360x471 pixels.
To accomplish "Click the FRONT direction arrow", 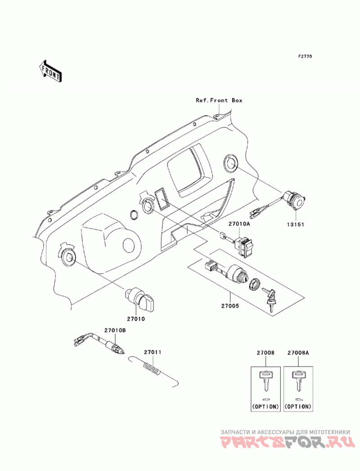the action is [51, 72].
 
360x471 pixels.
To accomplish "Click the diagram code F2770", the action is [305, 56].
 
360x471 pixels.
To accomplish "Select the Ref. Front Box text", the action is [219, 100].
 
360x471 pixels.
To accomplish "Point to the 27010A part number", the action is [240, 224].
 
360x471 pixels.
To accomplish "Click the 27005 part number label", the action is [230, 306].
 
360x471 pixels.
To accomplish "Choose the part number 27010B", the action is [115, 331].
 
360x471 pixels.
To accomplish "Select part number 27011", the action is [152, 352].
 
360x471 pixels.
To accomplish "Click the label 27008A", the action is [298, 353].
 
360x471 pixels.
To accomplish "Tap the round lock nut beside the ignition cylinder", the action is [255, 284].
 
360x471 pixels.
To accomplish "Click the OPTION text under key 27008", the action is [265, 407].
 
